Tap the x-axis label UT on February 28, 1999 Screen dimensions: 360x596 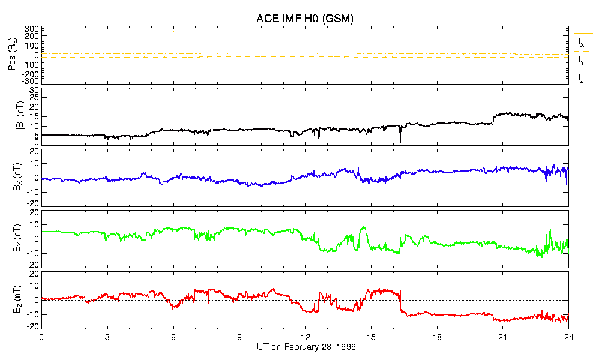[305, 347]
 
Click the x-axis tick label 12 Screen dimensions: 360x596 [305, 338]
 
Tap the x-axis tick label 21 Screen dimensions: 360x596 [503, 338]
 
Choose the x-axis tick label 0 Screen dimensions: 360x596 [41, 338]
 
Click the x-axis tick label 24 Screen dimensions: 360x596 [568, 338]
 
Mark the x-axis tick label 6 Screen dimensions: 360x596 [173, 338]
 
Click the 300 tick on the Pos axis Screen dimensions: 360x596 [31, 29]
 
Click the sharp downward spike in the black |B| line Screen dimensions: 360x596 [400, 141]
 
